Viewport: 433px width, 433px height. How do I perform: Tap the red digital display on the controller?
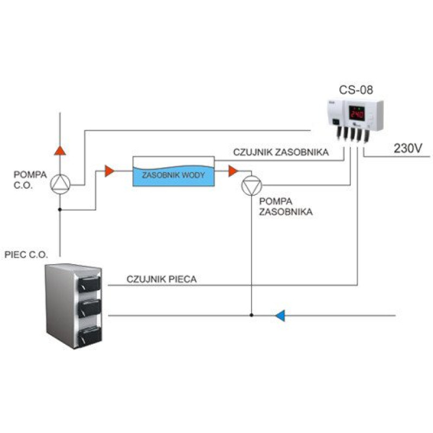(x=358, y=114)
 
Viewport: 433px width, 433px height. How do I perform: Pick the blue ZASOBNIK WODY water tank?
(x=174, y=175)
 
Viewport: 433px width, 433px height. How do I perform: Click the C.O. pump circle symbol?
(x=60, y=185)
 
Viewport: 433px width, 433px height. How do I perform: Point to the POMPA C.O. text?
(x=31, y=180)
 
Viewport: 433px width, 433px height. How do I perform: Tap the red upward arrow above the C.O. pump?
(x=60, y=149)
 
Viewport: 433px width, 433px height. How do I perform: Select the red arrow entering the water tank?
(x=109, y=172)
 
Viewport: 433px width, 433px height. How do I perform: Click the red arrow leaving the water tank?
(x=233, y=172)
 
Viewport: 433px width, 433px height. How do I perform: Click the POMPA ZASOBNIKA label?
(x=285, y=206)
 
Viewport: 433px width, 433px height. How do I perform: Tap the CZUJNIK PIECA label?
(x=161, y=280)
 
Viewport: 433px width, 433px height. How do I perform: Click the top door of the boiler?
(x=88, y=283)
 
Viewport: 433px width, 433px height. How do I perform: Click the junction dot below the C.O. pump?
(x=60, y=209)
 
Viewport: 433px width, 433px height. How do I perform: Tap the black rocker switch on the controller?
(x=337, y=122)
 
